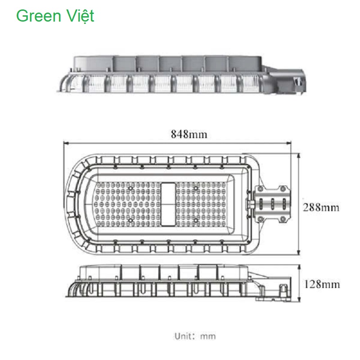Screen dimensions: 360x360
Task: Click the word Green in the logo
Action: [38, 16]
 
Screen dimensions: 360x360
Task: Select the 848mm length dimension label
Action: [189, 134]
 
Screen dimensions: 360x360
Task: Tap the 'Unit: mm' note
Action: [195, 336]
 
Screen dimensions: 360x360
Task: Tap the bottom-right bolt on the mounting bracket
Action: [283, 219]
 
